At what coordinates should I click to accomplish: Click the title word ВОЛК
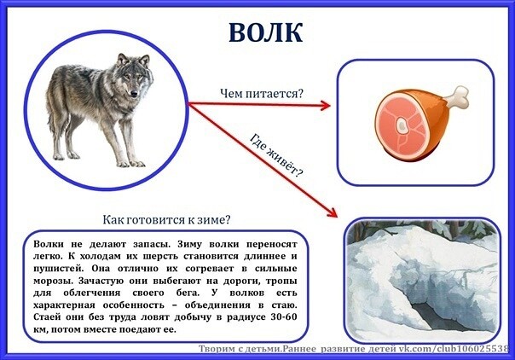click(265, 32)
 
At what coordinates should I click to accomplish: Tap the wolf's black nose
click(134, 94)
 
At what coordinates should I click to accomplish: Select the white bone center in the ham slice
click(401, 125)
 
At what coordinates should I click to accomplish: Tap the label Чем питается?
click(262, 94)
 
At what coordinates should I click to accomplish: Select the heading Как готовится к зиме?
click(166, 219)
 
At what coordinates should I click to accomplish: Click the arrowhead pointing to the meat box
click(326, 106)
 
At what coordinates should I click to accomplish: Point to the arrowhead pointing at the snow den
click(333, 212)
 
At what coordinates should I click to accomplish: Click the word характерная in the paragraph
click(64, 305)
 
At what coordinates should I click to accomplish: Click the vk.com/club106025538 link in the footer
click(454, 349)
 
